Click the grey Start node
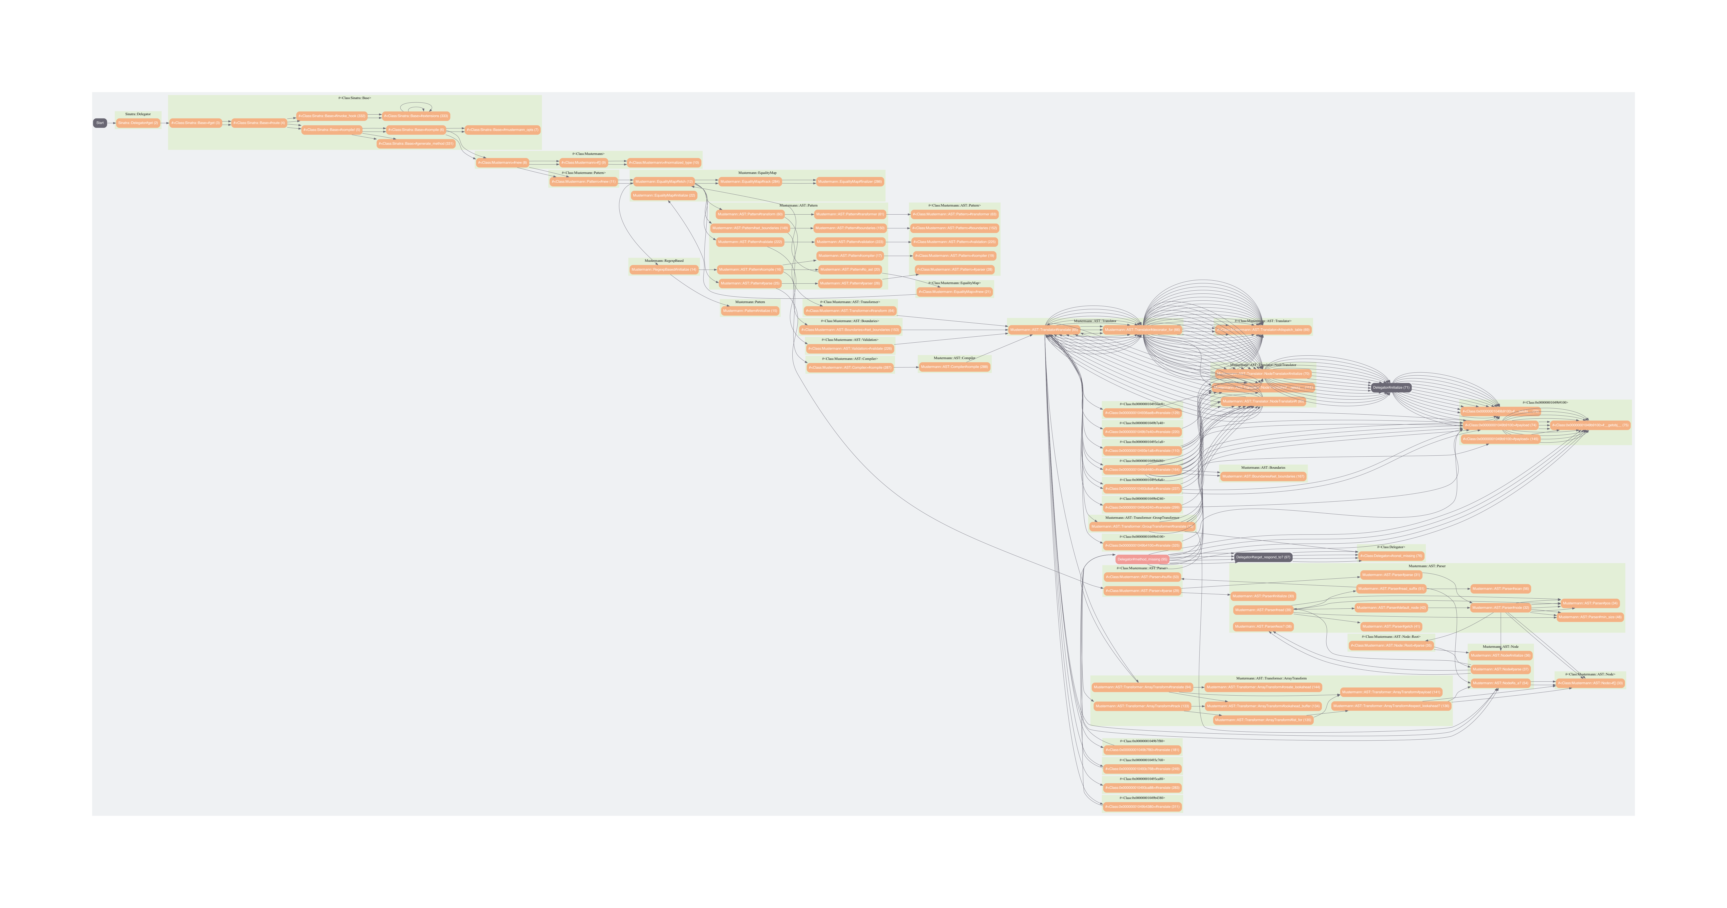[x=100, y=123]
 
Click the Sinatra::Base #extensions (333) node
[x=416, y=116]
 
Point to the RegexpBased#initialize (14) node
[x=664, y=269]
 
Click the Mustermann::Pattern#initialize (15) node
[x=750, y=311]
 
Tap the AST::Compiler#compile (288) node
[x=954, y=367]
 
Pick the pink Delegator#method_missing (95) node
[x=1142, y=559]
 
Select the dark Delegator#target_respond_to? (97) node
[x=1263, y=558]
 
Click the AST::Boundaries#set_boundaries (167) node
[x=1263, y=476]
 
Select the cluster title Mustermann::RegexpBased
[x=664, y=261]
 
